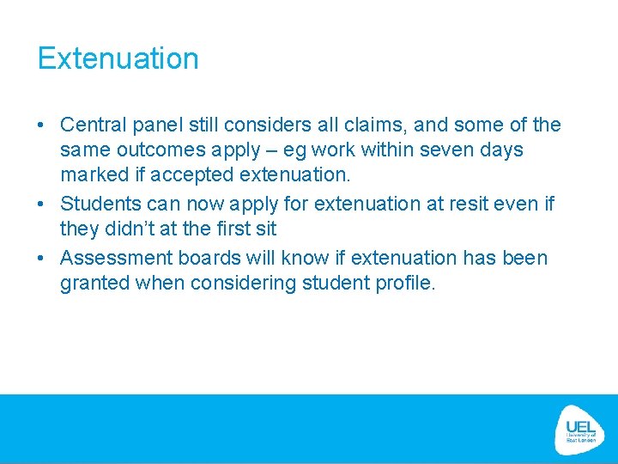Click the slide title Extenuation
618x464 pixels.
pos(118,58)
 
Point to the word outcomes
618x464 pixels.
pos(160,150)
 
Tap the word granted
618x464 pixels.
pos(94,284)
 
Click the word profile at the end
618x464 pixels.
pos(407,284)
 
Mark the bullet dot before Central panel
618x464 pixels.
pos(41,126)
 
